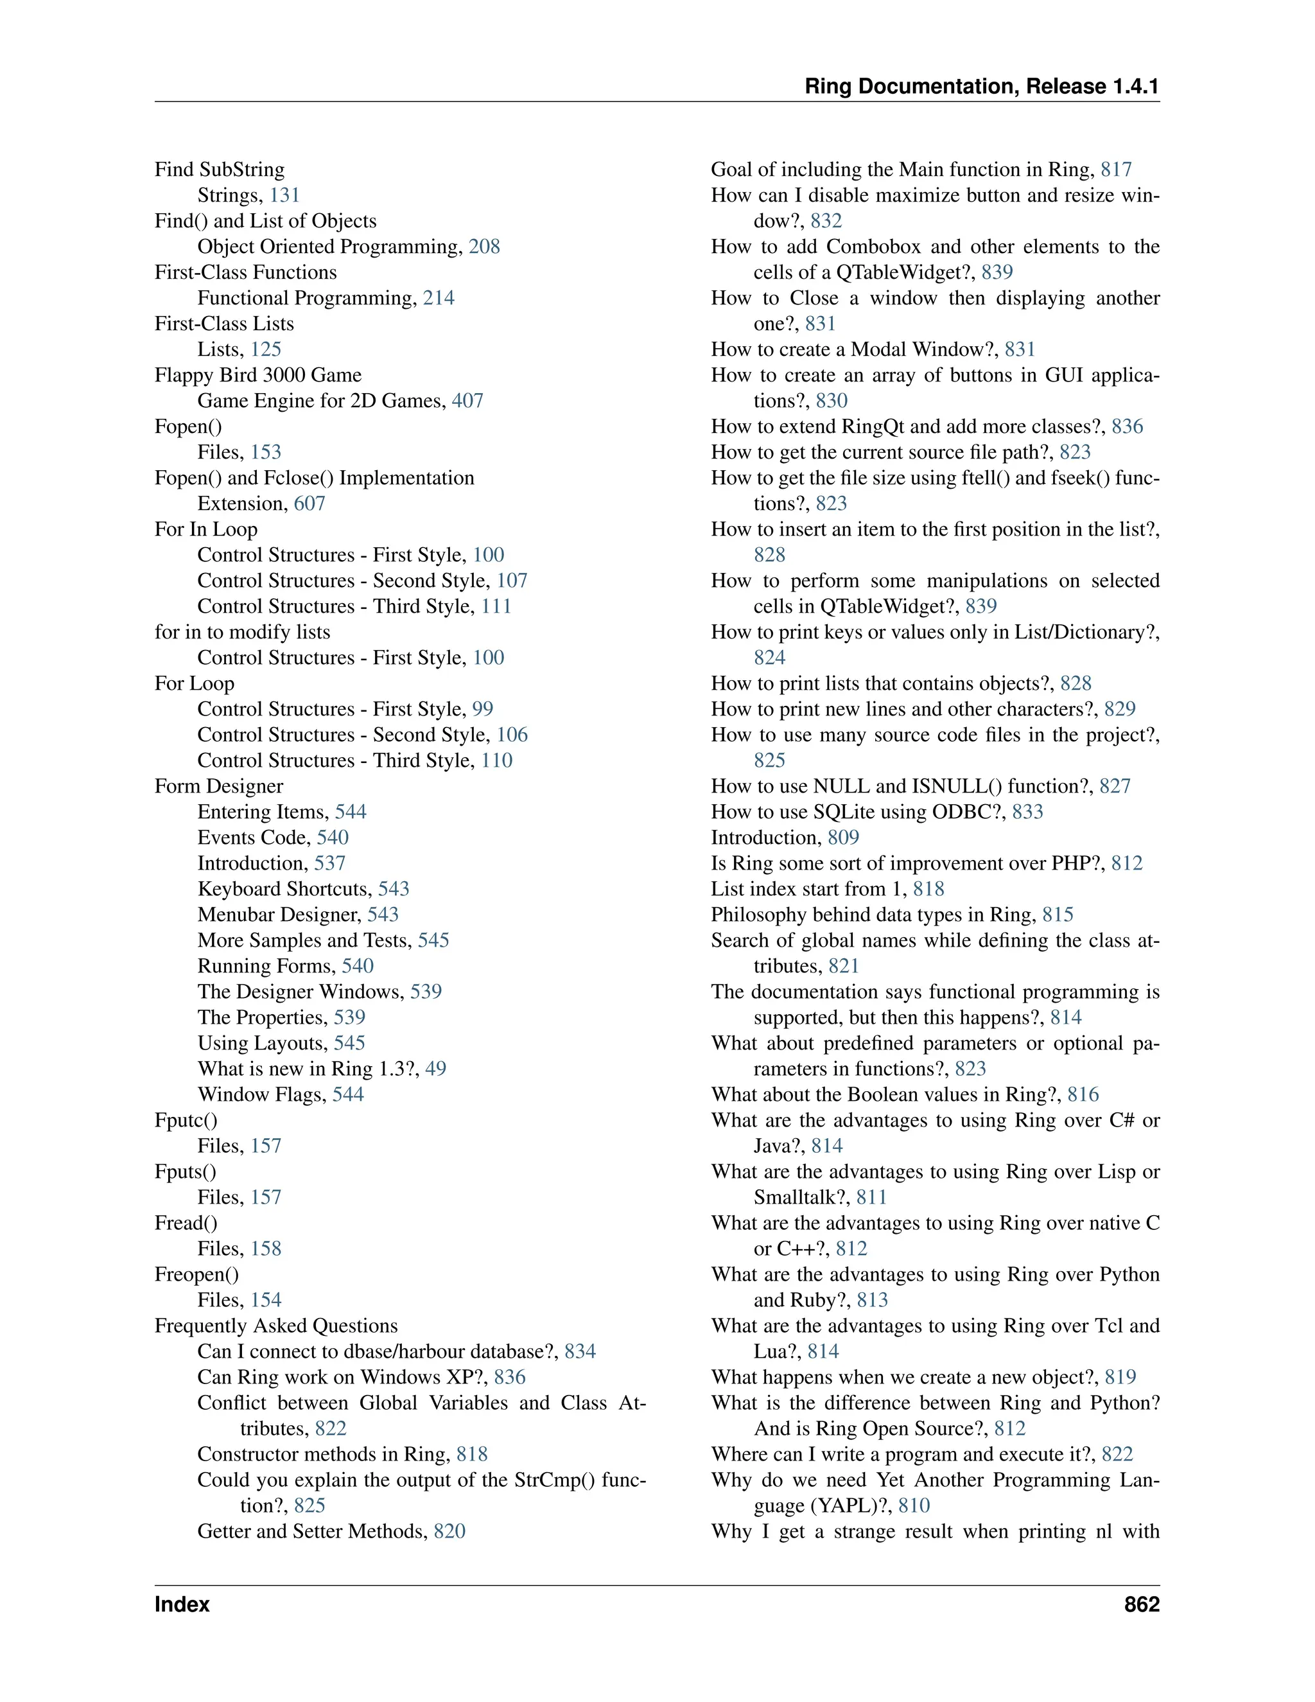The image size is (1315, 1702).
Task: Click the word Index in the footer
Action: click(182, 1604)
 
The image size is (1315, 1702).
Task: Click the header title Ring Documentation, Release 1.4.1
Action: click(982, 87)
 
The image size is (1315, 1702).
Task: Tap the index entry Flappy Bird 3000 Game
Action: click(258, 375)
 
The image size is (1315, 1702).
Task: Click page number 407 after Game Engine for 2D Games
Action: click(467, 401)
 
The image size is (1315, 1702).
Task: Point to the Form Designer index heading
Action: click(219, 785)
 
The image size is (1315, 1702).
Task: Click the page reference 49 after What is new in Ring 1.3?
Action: click(435, 1069)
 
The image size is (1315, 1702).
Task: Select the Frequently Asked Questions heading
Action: click(275, 1326)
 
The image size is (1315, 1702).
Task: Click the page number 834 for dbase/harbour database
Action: click(580, 1351)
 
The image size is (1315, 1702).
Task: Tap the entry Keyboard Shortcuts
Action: click(284, 888)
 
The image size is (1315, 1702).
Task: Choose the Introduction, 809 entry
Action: click(785, 837)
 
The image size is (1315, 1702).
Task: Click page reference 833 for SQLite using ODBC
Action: click(1027, 811)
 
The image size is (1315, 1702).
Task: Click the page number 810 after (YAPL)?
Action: click(914, 1505)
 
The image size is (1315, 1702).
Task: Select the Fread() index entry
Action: click(186, 1223)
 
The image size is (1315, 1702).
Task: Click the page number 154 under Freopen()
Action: click(266, 1300)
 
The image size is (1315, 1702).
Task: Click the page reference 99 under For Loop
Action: click(482, 709)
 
